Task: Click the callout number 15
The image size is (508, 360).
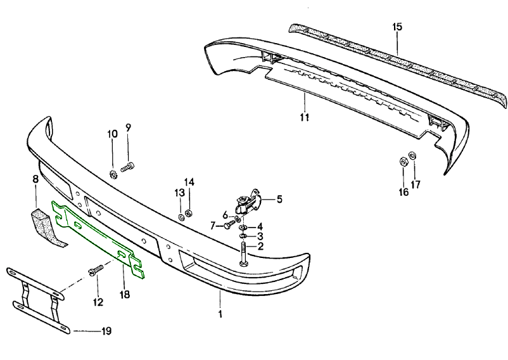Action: tap(397, 27)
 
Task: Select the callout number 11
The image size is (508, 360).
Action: tap(305, 117)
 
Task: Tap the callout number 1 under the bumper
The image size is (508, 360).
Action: tap(220, 314)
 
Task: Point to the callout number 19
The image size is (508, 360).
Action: tap(106, 331)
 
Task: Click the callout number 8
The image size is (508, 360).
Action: tap(35, 179)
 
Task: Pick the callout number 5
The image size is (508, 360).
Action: tap(279, 198)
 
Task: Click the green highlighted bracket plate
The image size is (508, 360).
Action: tap(95, 235)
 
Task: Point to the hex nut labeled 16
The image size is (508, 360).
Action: tap(403, 161)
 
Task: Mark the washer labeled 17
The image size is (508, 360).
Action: tap(413, 155)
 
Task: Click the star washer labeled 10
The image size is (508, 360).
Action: tap(113, 173)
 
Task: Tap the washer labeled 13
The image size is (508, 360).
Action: tap(180, 217)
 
